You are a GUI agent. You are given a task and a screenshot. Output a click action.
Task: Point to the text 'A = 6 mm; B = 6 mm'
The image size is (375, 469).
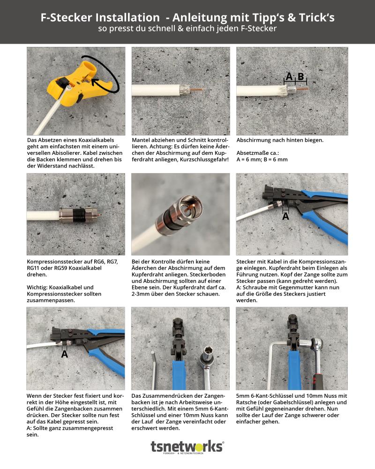click(262, 159)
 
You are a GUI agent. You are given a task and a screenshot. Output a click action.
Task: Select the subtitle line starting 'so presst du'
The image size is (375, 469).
click(187, 29)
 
